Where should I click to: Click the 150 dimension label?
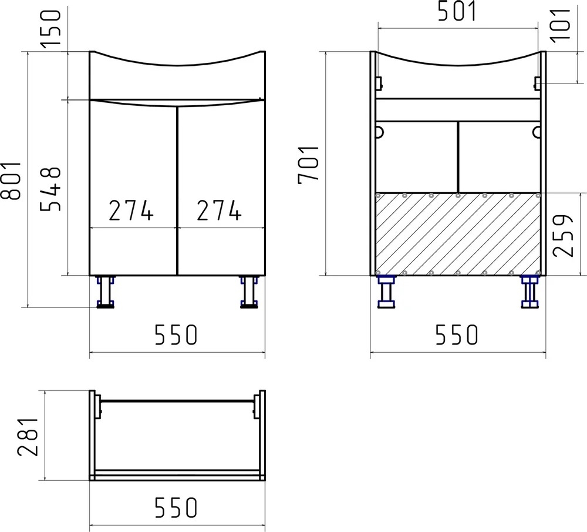pos(50,28)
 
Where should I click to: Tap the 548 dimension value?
pos(50,189)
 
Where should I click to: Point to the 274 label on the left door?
pos(131,210)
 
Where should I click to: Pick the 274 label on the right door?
pos(219,210)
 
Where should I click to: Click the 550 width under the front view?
pos(176,335)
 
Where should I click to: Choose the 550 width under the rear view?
pos(457,335)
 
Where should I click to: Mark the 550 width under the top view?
pos(176,507)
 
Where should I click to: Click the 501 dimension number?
pos(457,11)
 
